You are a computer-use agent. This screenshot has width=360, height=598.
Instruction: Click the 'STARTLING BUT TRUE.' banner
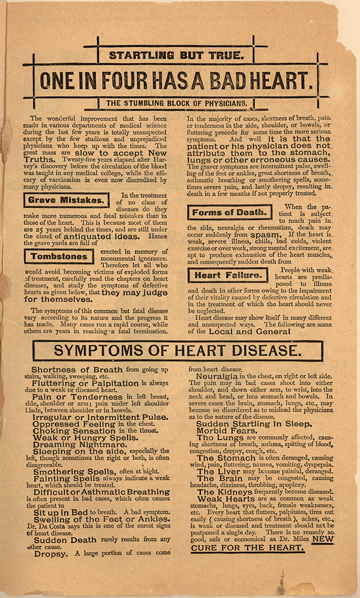[176, 54]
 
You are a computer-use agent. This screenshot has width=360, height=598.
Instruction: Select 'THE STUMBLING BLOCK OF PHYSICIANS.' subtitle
[177, 103]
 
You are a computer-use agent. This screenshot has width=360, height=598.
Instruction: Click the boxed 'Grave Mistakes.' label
[66, 200]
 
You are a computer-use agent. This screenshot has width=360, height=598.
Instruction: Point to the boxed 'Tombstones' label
[59, 257]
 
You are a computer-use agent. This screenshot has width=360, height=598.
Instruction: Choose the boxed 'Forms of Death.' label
[229, 212]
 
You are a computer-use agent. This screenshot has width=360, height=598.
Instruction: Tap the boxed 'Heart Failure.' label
[228, 275]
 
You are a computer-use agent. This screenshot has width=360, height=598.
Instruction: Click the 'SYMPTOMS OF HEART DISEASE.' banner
[177, 351]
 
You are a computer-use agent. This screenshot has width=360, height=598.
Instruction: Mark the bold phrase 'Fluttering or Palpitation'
[85, 383]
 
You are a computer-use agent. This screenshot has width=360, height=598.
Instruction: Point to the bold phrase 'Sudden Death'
[65, 540]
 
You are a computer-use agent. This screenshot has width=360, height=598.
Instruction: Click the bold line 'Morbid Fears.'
[227, 431]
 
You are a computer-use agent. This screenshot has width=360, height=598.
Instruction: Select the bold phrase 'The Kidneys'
[224, 492]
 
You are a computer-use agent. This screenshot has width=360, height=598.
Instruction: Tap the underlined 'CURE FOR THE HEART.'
[247, 548]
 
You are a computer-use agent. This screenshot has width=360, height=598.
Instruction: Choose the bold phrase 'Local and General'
[249, 332]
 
